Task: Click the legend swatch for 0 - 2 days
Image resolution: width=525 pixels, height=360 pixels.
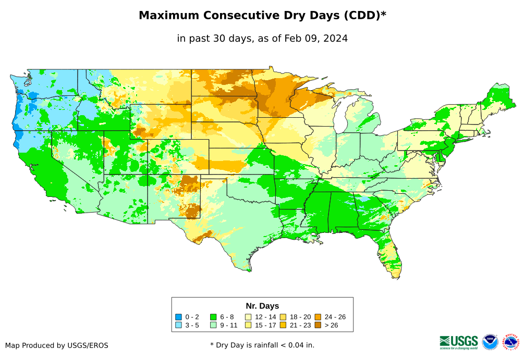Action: point(179,317)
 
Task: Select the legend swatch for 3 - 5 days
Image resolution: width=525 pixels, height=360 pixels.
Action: point(179,326)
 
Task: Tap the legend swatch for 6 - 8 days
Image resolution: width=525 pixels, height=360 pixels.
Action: point(213,317)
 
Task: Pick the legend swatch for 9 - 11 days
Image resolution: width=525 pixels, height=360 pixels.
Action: point(213,326)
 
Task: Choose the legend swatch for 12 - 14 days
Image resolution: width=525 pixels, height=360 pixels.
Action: point(249,317)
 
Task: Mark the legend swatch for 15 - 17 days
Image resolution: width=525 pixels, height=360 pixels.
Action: point(249,326)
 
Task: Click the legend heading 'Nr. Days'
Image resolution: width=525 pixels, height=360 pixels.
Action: point(262,306)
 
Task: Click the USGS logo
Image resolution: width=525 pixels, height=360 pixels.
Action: point(459,342)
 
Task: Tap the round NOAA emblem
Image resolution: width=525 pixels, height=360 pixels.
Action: point(490,342)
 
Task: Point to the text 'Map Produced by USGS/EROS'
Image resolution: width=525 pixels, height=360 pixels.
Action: point(57,345)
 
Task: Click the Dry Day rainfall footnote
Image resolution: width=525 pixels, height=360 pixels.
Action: point(262,345)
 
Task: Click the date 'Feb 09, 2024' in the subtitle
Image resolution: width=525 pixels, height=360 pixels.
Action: point(316,39)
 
